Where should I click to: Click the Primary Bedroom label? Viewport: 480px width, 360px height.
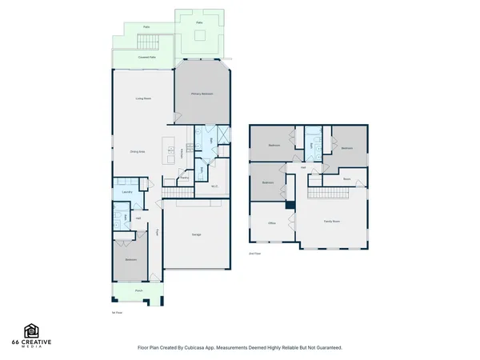(202, 94)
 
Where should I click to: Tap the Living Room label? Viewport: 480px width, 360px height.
(143, 98)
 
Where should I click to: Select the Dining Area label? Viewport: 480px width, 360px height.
(137, 151)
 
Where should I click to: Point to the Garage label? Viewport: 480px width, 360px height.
(196, 234)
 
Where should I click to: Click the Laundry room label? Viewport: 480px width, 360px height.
(127, 192)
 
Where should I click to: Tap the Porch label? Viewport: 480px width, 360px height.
(138, 290)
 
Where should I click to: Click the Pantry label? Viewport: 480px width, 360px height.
(184, 178)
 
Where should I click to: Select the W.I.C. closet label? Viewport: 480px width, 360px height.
(215, 186)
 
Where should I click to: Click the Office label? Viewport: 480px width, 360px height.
(272, 223)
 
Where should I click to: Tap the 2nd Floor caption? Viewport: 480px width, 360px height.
(255, 253)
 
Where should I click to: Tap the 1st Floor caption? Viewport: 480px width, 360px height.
(117, 313)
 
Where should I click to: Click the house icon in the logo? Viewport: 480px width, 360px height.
(32, 330)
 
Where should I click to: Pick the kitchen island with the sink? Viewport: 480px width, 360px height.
(170, 147)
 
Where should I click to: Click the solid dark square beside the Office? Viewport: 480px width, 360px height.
(290, 206)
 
